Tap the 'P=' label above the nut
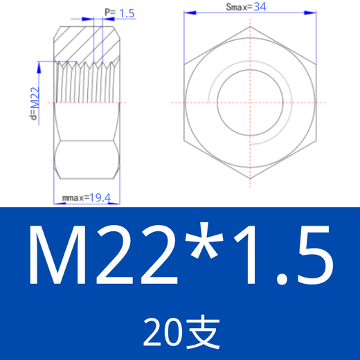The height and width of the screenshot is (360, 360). pyautogui.click(x=109, y=13)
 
